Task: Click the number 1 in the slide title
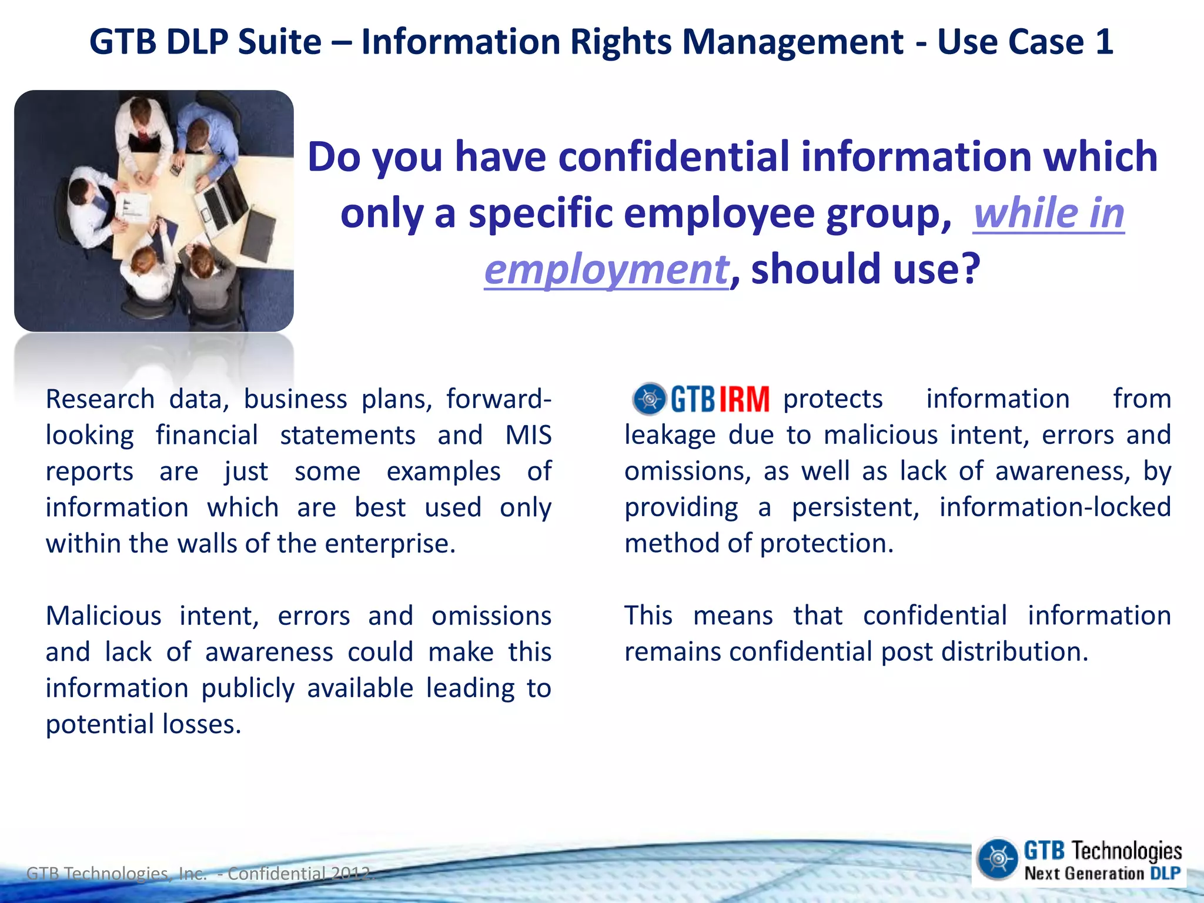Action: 1103,42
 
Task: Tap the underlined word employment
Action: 606,269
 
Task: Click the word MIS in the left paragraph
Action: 528,436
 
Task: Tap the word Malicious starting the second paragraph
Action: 103,616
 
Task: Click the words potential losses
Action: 143,724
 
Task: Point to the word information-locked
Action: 1055,507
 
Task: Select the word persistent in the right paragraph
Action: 855,507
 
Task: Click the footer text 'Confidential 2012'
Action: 300,874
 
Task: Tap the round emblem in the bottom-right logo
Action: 997,859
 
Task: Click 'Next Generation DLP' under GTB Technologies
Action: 1102,874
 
